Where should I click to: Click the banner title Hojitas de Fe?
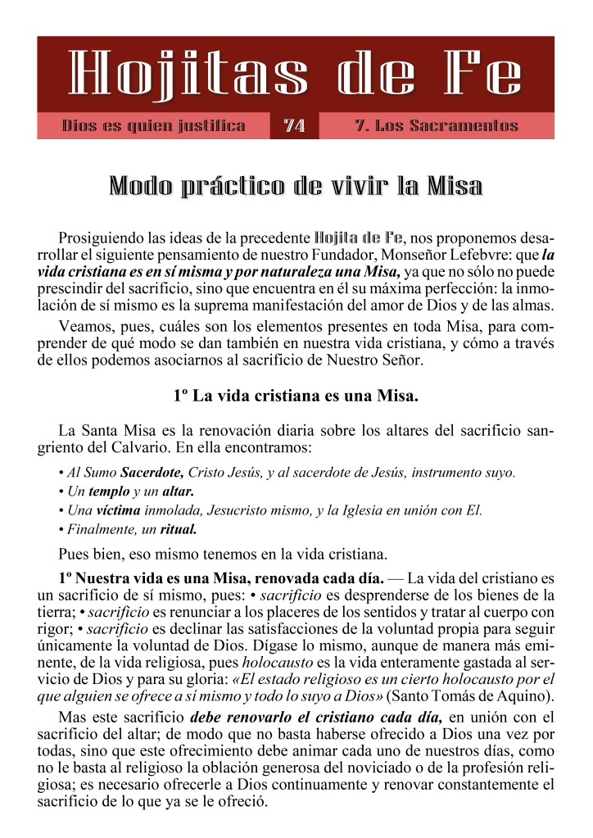tap(296, 77)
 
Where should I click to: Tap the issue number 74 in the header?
tap(294, 126)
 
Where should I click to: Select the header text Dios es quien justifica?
tap(154, 126)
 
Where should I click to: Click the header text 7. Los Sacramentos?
tap(437, 126)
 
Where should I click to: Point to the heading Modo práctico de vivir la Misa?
tap(296, 186)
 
